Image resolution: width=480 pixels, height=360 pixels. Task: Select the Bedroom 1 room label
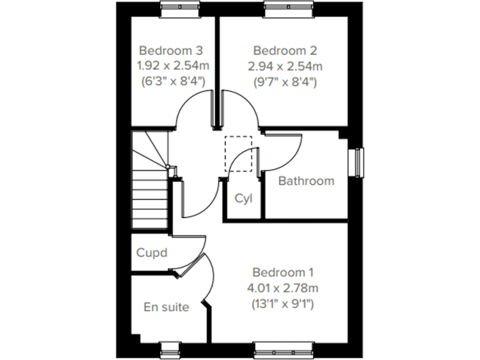(x=283, y=272)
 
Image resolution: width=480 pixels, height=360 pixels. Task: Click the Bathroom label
(x=306, y=181)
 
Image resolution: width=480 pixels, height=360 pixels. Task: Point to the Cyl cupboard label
(x=243, y=199)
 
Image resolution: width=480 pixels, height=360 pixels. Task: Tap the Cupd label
(x=152, y=253)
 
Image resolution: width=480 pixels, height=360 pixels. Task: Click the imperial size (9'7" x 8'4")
(x=285, y=81)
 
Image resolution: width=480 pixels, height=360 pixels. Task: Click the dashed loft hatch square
(x=238, y=153)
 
